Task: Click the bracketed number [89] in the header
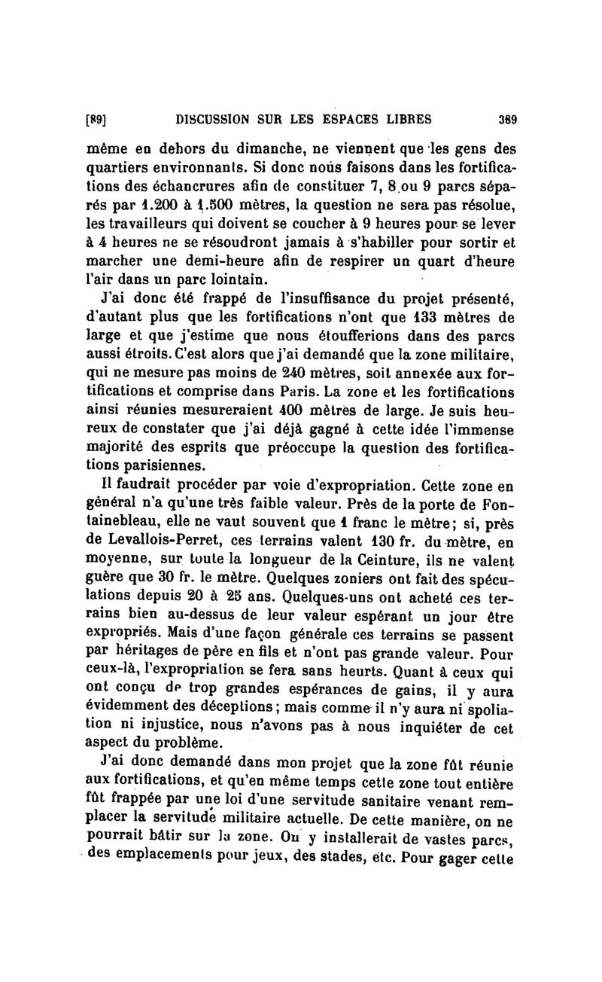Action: (98, 117)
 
